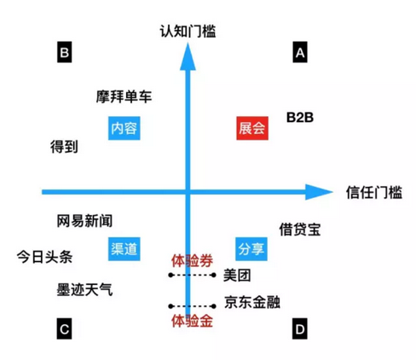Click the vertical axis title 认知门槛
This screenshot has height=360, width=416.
[188, 31]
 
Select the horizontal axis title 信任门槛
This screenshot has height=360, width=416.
[374, 193]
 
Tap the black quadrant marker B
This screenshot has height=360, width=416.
[65, 52]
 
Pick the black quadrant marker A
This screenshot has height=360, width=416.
[300, 52]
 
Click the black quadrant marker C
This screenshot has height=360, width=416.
[65, 328]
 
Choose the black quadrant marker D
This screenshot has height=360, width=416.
[300, 328]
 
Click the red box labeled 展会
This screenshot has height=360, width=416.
[252, 128]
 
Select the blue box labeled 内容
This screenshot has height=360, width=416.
[124, 128]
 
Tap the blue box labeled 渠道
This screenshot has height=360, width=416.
[124, 249]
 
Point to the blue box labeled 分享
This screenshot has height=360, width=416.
[251, 249]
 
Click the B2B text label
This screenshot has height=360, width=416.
[300, 118]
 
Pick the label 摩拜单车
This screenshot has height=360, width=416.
[124, 96]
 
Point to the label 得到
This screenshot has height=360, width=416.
[64, 147]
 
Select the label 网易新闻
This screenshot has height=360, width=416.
[84, 221]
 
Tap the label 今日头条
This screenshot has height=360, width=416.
[44, 257]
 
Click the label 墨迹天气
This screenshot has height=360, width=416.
[84, 290]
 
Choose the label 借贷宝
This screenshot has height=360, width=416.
[300, 229]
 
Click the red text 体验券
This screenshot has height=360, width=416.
[192, 261]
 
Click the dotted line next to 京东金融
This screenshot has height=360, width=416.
[192, 306]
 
